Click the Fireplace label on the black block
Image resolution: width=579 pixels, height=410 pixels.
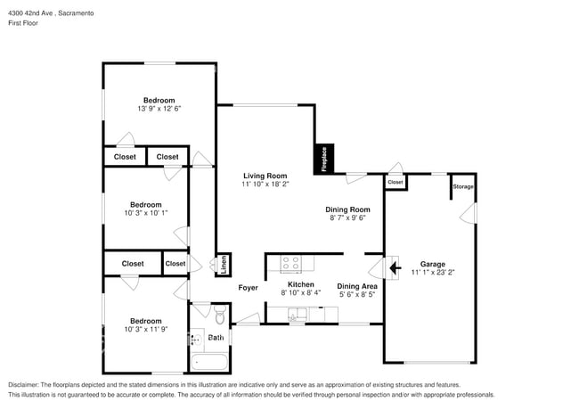click(324, 159)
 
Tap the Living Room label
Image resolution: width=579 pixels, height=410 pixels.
click(265, 176)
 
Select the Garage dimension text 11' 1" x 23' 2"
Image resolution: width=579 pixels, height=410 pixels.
click(432, 274)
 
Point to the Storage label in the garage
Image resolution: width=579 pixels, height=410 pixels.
click(462, 186)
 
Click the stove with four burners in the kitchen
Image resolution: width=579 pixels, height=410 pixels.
click(291, 263)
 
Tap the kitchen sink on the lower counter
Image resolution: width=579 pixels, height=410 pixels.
click(296, 313)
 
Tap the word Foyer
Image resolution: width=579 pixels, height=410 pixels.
click(248, 287)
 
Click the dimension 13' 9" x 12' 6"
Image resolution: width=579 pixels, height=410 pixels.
click(159, 109)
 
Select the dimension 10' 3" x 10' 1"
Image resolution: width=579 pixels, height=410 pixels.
click(145, 213)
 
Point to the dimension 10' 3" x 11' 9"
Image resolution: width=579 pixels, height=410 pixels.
click(145, 330)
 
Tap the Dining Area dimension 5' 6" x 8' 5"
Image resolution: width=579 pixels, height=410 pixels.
click(357, 296)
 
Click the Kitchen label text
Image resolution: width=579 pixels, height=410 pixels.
click(301, 283)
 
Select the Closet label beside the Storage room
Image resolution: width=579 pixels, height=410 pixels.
click(396, 182)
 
